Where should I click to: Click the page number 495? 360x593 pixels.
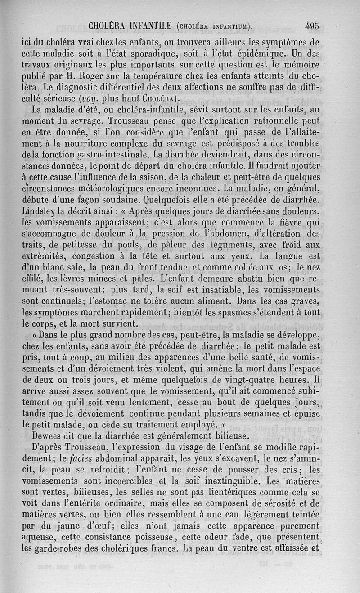(311, 26)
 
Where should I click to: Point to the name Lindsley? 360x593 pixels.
(41, 211)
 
